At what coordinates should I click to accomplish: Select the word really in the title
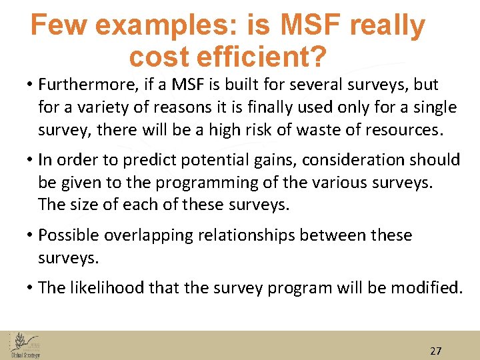click(x=387, y=26)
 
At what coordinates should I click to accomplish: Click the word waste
click(x=292, y=130)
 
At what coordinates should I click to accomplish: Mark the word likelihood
click(x=107, y=287)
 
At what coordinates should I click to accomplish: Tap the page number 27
click(x=436, y=351)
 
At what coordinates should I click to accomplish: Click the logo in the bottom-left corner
click(x=25, y=345)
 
